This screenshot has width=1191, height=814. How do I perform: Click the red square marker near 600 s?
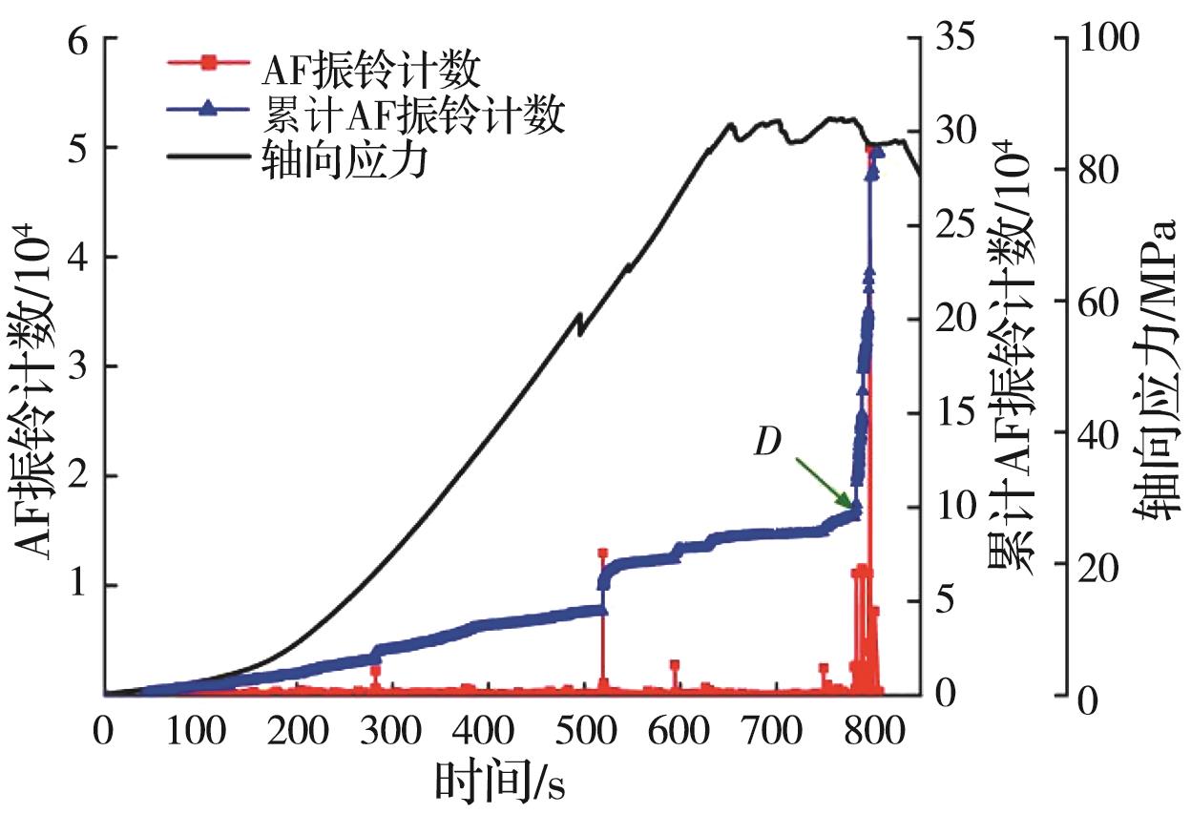[674, 665]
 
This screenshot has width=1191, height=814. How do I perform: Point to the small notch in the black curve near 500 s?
[578, 324]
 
